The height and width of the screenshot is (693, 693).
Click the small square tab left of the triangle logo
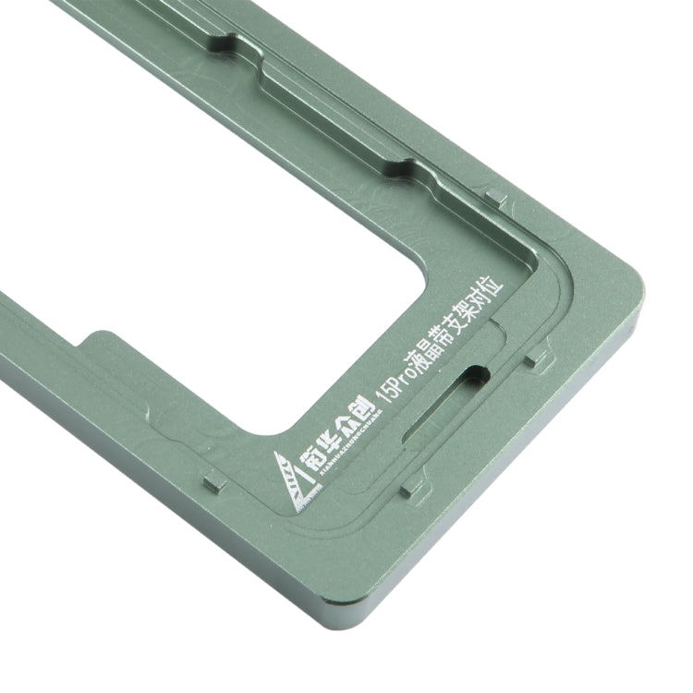pyautogui.click(x=212, y=484)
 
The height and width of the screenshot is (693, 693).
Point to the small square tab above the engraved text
pyautogui.click(x=495, y=197)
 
